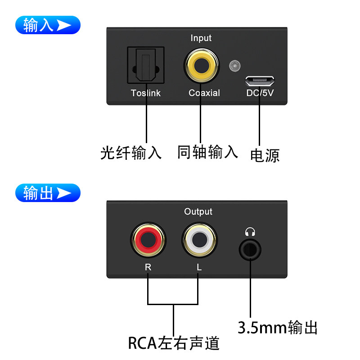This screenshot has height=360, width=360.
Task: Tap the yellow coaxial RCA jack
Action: (x=201, y=66)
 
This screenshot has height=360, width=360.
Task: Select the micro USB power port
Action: (x=260, y=81)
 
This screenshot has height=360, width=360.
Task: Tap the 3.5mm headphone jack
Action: (x=250, y=248)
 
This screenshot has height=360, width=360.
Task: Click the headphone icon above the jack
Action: (x=250, y=232)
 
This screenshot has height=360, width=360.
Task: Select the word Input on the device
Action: (x=201, y=38)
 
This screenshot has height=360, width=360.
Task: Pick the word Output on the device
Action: (x=198, y=211)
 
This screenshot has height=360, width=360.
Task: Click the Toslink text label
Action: (x=145, y=93)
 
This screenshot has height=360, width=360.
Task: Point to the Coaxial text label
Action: (x=204, y=93)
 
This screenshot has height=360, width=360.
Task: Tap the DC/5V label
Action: (x=260, y=93)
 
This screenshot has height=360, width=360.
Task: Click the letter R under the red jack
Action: (x=148, y=267)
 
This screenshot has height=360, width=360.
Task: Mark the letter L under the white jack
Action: (x=199, y=267)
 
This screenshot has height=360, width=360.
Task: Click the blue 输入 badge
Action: (x=48, y=25)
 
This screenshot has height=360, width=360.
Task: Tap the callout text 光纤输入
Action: (x=131, y=153)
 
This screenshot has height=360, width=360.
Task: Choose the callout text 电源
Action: (x=265, y=155)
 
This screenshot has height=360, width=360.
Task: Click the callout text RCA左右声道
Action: (x=174, y=343)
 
